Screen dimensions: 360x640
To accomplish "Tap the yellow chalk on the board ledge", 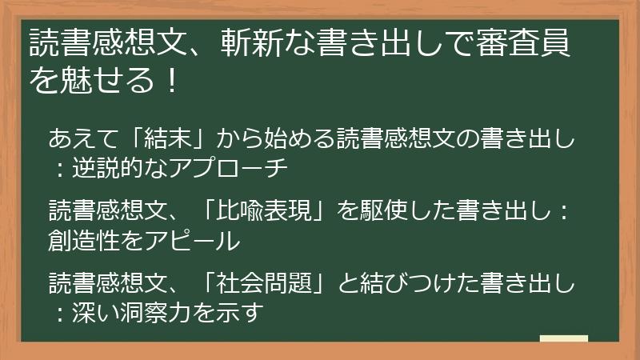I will click(x=564, y=339).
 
